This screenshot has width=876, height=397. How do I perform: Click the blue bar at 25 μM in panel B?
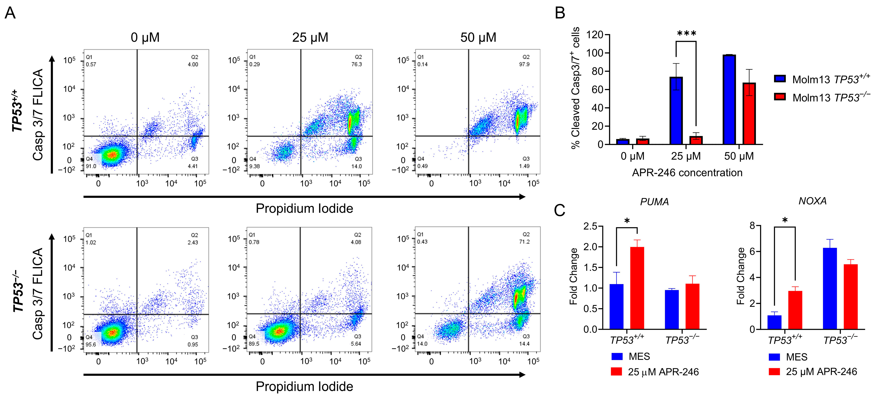pos(676,111)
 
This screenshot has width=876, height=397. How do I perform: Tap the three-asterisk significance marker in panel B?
pos(686,34)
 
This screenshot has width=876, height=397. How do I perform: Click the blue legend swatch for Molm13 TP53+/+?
pos(780,79)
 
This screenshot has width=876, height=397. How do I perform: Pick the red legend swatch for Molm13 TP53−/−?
pos(780,97)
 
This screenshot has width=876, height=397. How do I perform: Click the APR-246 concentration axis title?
pos(687,173)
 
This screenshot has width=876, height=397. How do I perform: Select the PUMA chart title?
pos(654,202)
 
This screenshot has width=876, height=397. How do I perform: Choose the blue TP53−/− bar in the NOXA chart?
pos(830,288)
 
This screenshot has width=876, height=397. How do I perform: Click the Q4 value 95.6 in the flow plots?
pos(91,344)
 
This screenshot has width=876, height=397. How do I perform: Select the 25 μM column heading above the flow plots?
pos(310,37)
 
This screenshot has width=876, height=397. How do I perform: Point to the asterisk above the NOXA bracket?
pos(785,220)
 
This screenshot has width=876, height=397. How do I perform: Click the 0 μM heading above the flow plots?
pos(145,37)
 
